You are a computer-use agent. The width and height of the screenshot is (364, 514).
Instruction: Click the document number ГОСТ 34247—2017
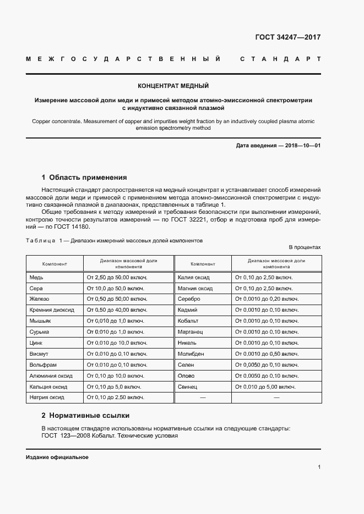pyautogui.click(x=287, y=38)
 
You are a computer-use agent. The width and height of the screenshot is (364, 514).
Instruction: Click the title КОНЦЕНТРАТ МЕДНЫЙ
pyautogui.click(x=173, y=86)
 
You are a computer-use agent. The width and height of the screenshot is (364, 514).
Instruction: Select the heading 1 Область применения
pyautogui.click(x=84, y=178)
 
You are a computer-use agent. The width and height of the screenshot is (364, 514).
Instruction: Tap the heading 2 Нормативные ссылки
pyautogui.click(x=85, y=415)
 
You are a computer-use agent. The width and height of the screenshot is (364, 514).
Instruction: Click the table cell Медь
pyautogui.click(x=36, y=278)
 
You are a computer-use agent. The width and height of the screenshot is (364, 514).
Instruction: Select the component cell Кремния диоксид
pyautogui.click(x=51, y=310)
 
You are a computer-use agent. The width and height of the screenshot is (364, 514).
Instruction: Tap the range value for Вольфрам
pyautogui.click(x=117, y=364)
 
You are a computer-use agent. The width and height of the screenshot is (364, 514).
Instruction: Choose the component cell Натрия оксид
pyautogui.click(x=47, y=397)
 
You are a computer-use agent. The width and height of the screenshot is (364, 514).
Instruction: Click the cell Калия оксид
pyautogui.click(x=195, y=278)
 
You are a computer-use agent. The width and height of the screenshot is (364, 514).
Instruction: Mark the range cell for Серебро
pyautogui.click(x=267, y=299)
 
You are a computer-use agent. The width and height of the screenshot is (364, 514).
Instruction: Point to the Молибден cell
pyautogui.click(x=191, y=353)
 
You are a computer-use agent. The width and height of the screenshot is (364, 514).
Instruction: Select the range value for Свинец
pyautogui.click(x=264, y=386)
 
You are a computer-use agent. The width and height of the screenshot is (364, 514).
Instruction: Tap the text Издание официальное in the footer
pyautogui.click(x=57, y=457)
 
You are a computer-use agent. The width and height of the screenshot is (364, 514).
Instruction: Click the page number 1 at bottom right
pyautogui.click(x=319, y=467)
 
